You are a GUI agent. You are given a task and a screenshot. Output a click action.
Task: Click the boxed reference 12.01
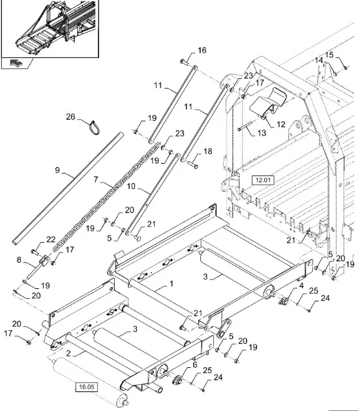pos(263,180)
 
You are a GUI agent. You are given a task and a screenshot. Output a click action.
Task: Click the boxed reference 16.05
pos(87,387)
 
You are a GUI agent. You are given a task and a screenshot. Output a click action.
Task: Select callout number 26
pos(70,117)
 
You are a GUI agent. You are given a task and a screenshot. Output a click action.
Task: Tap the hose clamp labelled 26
pos(95,127)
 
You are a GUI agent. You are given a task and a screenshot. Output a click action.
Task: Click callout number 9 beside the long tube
pos(57,170)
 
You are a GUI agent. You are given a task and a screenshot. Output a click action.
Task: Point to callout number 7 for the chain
pos(96,179)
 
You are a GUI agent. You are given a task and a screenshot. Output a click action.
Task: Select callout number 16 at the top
pos(202,50)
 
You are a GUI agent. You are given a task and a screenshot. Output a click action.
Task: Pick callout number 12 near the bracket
pos(280,124)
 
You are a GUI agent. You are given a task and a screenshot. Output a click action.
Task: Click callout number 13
pos(262,133)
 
